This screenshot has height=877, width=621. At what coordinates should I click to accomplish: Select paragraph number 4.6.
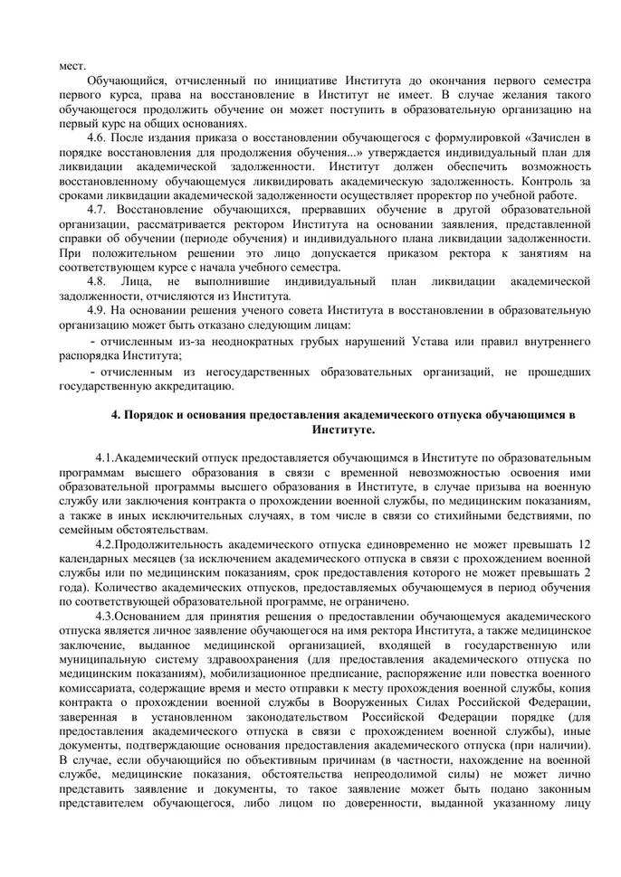99,138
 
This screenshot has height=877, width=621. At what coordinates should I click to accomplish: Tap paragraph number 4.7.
99,210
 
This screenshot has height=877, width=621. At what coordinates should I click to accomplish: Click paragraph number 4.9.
99,310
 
